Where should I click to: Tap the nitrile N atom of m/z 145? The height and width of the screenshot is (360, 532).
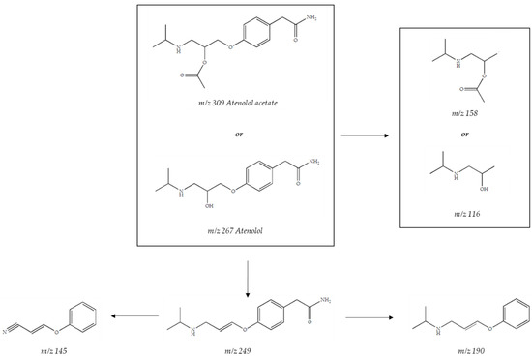pyautogui.click(x=8, y=327)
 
